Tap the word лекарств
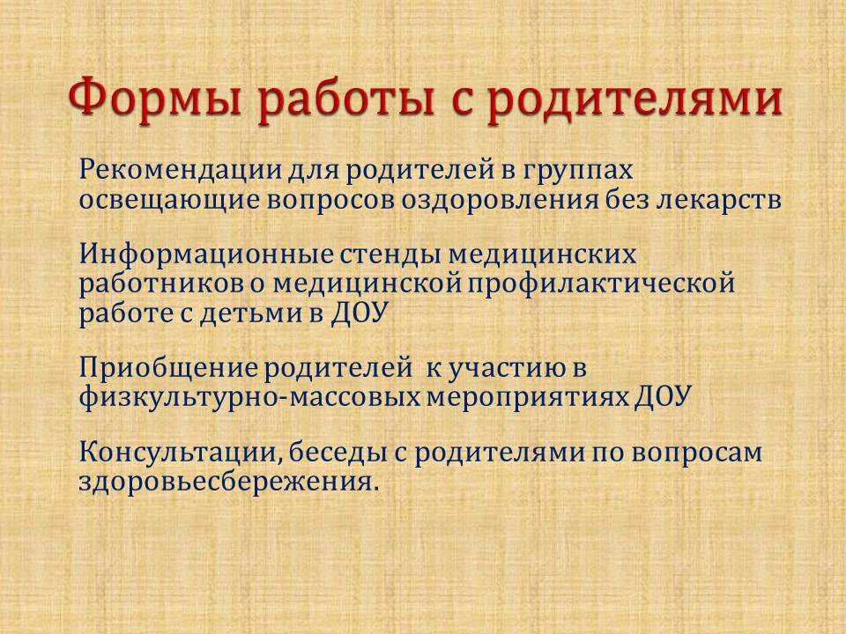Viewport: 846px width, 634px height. [719, 200]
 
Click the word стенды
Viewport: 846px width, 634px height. [391, 254]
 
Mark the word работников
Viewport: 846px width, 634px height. [160, 284]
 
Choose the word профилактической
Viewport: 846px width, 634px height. [601, 284]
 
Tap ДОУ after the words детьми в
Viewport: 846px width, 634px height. [360, 313]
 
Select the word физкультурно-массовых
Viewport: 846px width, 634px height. [249, 398]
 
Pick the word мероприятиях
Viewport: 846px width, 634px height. [527, 399]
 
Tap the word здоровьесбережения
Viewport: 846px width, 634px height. [226, 482]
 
